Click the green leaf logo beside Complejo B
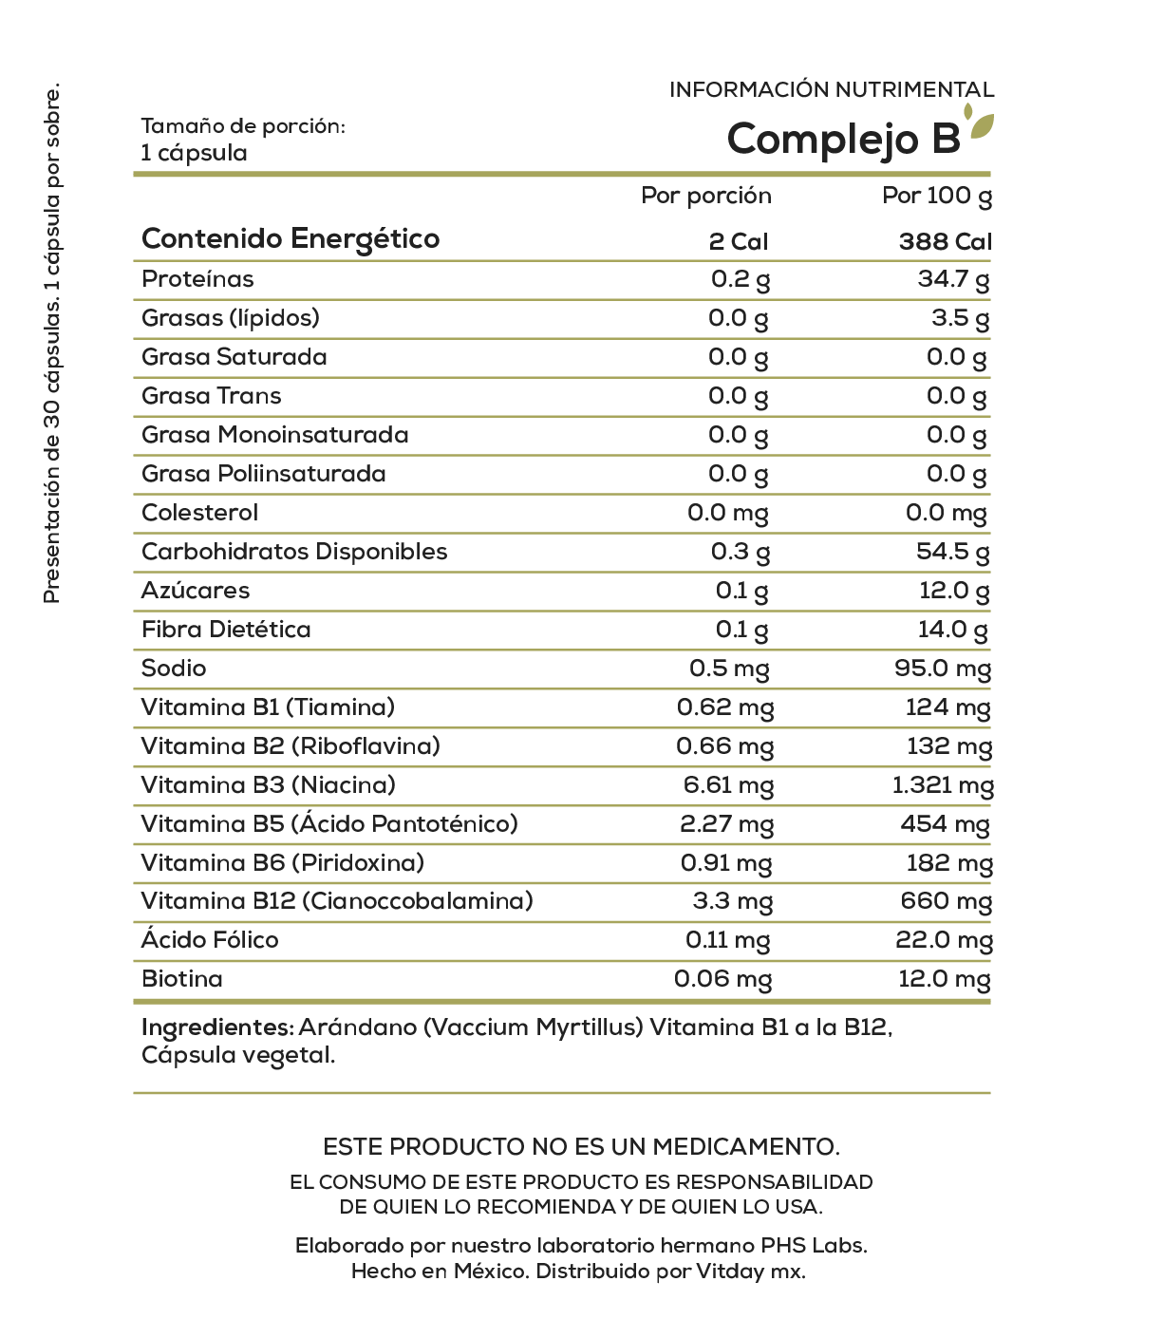pos(980,124)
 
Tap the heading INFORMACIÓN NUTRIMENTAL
pos(832,90)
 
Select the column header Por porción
pos(706,196)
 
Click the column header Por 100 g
pos(937,196)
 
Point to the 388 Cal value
pos(945,241)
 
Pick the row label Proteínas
pos(197,279)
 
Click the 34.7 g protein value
pos(952,280)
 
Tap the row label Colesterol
pos(199,513)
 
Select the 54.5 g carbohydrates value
pos(952,552)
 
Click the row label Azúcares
pos(196,591)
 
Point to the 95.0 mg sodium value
pos(942,669)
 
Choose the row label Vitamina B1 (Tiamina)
pos(268,707)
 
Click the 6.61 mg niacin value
pos(728,785)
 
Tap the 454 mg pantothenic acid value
pos(945,824)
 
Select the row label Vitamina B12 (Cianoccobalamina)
pos(337,901)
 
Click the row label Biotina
pos(182,979)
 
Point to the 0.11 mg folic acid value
pos(727,940)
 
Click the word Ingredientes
pos(216,1027)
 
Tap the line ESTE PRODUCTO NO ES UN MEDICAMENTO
pos(581,1147)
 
